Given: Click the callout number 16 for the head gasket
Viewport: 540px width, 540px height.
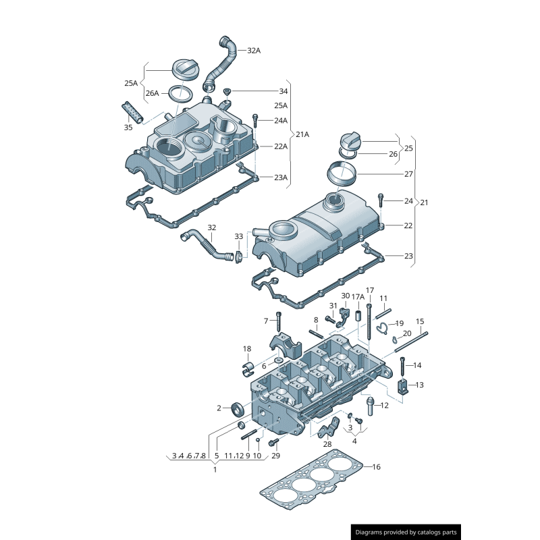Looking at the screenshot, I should pos(377,466).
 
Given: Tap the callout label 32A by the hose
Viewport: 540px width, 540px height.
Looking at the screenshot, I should pos(254,51).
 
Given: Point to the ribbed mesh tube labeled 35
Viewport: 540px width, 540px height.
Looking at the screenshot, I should pos(133,112).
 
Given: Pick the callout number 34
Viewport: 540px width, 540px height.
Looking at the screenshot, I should pos(283,91).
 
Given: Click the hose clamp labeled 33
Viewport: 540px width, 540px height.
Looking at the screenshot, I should pos(238,256).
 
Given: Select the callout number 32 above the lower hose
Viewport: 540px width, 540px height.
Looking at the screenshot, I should pos(212,227).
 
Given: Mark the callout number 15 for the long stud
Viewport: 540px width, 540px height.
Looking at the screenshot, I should pos(420,321).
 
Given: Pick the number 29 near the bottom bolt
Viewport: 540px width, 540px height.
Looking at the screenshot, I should pos(275,456).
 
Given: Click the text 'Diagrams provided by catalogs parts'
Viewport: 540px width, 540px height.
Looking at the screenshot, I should pos(406,533).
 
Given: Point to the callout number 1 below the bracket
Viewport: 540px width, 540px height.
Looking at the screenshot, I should pos(215,469).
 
